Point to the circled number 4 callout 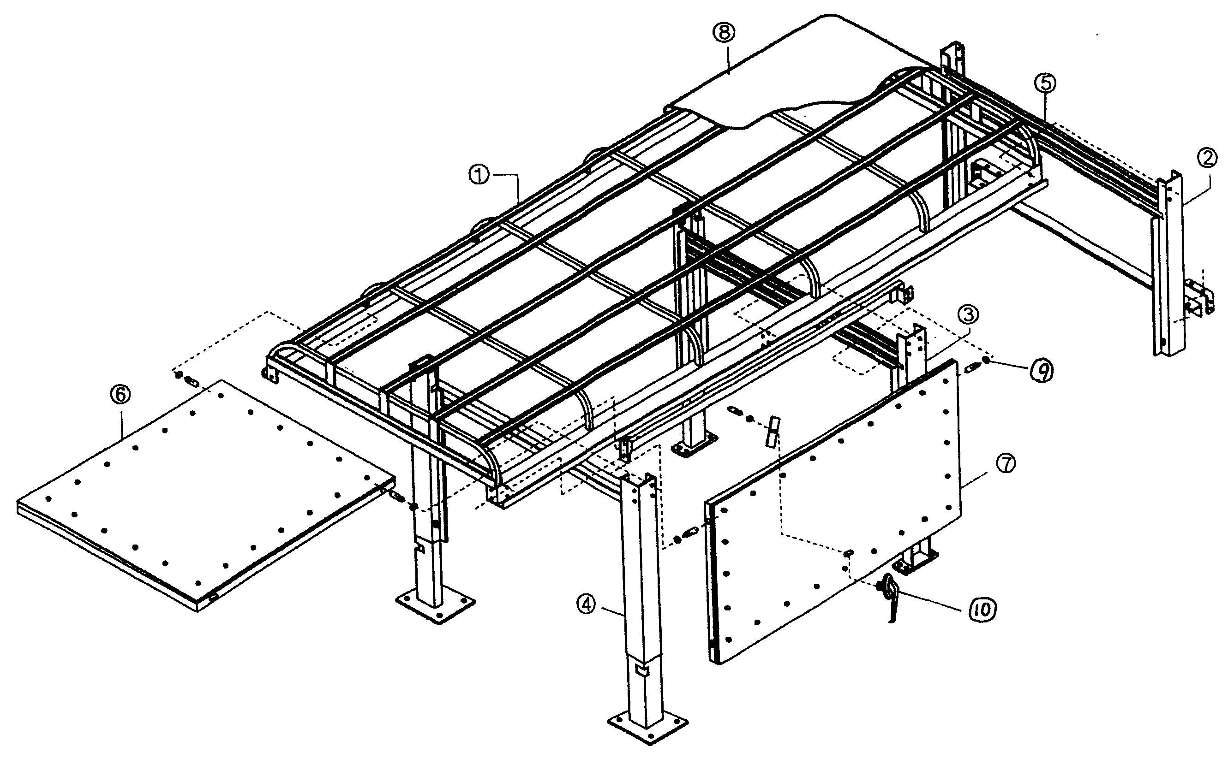(586, 604)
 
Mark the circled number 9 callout (1042, 372)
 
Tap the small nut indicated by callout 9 (986, 361)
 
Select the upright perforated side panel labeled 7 (833, 511)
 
